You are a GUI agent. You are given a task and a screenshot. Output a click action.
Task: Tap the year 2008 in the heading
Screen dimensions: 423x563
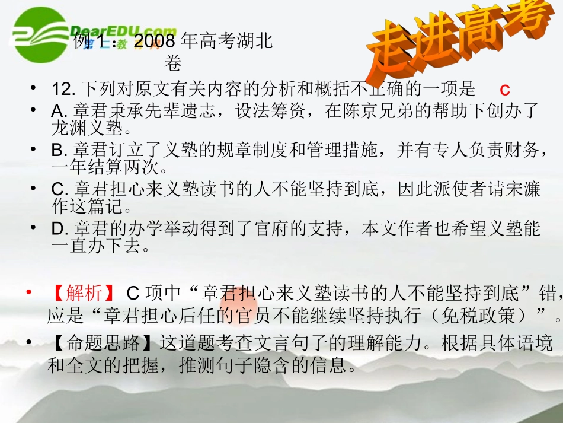155,42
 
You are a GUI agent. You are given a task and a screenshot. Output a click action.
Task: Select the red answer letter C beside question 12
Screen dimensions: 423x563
505,90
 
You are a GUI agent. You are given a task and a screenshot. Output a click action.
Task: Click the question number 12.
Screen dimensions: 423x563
61,90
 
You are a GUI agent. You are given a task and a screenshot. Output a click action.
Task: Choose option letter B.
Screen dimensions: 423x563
58,151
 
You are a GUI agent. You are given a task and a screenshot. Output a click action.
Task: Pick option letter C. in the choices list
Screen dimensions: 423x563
59,190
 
